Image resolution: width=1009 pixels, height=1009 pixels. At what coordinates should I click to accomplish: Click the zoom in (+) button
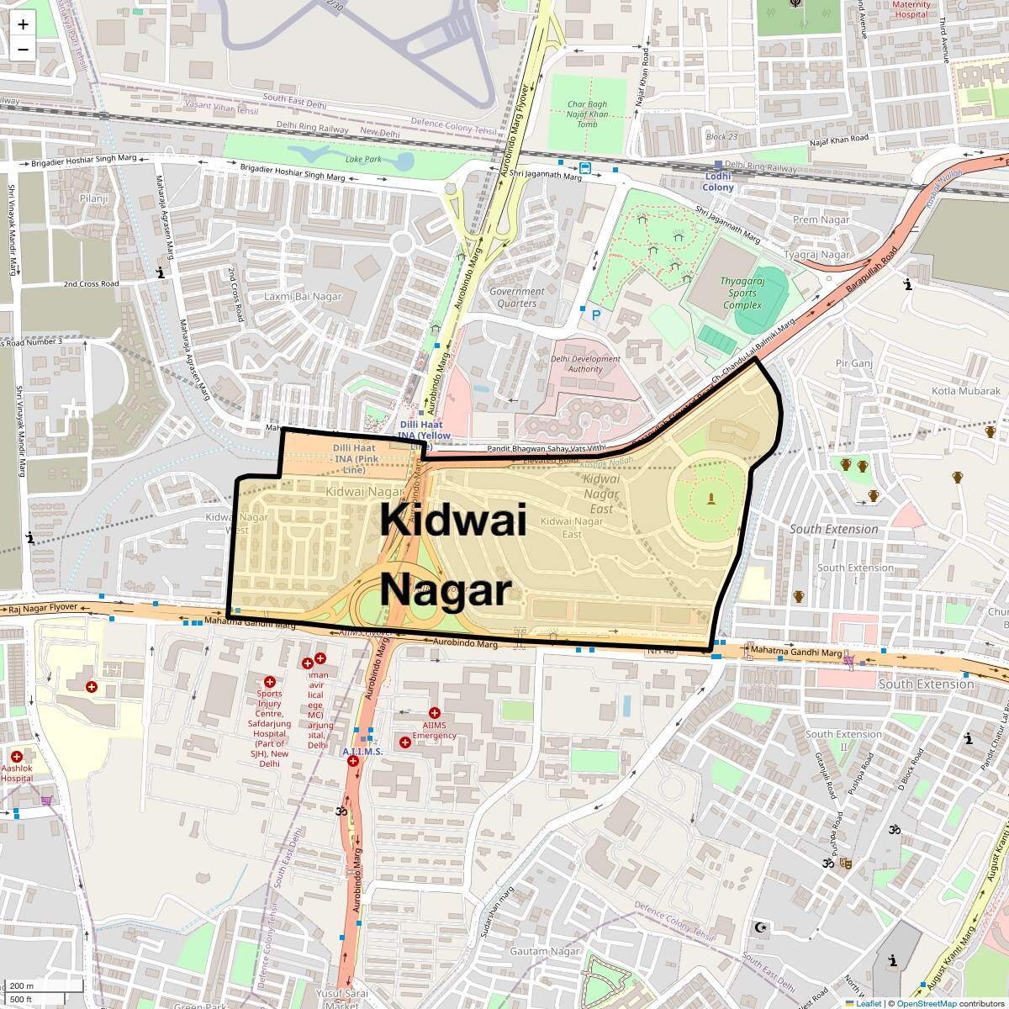(x=23, y=24)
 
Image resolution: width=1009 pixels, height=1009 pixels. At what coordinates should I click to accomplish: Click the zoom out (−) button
(x=23, y=49)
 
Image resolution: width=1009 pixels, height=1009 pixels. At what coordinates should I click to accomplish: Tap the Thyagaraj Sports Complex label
(x=742, y=293)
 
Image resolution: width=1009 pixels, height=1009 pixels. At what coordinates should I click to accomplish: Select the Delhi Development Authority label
(x=585, y=364)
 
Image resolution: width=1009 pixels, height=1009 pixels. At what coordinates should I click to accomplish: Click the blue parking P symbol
(x=596, y=315)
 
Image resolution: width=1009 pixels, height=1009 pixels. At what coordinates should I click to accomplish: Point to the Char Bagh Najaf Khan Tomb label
(x=587, y=114)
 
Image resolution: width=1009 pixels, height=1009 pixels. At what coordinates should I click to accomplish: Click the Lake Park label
(x=363, y=159)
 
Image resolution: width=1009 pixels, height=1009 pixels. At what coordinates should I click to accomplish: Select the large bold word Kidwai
(x=453, y=520)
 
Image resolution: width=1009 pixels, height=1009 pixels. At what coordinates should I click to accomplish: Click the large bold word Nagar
(x=446, y=590)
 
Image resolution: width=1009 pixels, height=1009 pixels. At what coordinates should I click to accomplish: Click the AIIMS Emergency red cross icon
(x=435, y=713)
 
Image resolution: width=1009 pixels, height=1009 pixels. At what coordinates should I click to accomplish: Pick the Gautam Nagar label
(x=545, y=951)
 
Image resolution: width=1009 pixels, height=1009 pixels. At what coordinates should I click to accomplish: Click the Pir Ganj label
(x=853, y=363)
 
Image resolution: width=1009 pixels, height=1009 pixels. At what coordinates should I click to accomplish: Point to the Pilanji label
(x=94, y=198)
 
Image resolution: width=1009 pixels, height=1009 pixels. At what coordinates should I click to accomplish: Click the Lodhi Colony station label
(x=718, y=182)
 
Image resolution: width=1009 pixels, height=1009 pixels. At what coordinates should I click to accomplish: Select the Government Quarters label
(x=517, y=298)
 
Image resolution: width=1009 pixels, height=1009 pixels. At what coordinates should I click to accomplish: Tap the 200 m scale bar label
(x=23, y=986)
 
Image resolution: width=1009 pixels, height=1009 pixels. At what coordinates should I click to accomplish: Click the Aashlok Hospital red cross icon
(x=16, y=757)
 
